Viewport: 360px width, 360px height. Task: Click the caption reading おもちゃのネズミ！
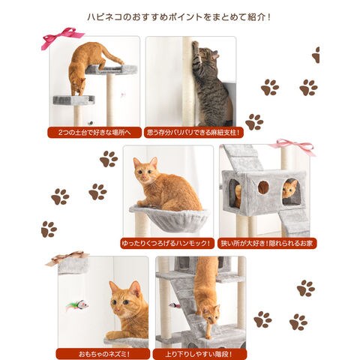[104, 354]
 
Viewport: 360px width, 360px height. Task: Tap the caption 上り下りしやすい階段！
[199, 354]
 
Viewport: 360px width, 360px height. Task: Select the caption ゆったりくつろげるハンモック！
[166, 243]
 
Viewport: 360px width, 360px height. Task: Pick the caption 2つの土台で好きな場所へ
[94, 132]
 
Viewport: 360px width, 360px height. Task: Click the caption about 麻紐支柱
[193, 132]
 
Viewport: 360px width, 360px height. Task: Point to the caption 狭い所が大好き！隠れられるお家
[267, 243]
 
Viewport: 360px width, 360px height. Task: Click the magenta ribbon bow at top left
[62, 37]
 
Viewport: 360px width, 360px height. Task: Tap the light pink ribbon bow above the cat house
[292, 146]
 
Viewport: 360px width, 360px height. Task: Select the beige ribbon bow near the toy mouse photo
[67, 257]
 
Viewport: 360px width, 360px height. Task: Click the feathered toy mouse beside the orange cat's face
[78, 305]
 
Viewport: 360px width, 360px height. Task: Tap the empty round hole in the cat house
[263, 187]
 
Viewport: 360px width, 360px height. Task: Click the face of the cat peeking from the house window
[290, 189]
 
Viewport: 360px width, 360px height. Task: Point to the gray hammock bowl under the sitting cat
[169, 218]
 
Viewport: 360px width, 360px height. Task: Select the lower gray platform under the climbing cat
[73, 100]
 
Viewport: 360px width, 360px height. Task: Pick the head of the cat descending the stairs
[211, 315]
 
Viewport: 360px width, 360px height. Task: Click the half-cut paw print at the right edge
[316, 55]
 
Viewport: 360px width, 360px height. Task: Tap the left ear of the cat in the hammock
[136, 163]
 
